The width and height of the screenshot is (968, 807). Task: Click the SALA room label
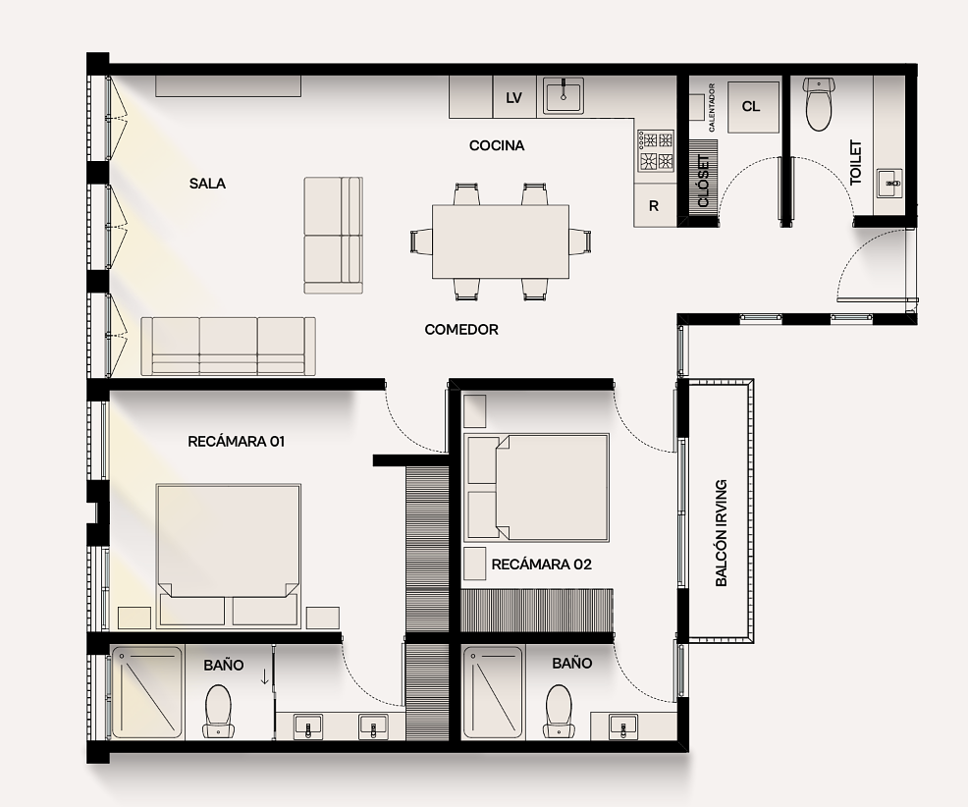[207, 184]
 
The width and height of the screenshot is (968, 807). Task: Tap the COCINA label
[497, 145]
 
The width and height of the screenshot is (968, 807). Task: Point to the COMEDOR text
[461, 330]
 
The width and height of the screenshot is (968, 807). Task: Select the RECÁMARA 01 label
[236, 442]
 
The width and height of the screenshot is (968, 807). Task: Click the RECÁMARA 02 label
[541, 565]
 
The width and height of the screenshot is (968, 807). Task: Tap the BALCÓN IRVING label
[721, 533]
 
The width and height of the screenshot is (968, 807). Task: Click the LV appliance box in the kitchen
[514, 97]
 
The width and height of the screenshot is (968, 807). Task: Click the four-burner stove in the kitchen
[656, 151]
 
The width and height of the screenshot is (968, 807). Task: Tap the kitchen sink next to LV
[564, 95]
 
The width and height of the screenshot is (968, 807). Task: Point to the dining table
[500, 242]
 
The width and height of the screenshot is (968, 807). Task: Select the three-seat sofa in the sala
[229, 347]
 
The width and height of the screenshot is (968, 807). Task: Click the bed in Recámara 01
[229, 556]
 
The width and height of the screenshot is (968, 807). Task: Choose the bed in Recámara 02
[538, 488]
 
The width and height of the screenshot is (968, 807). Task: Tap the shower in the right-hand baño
[493, 692]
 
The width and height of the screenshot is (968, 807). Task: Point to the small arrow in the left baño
[265, 676]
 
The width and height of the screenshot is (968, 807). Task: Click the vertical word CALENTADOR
[711, 107]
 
